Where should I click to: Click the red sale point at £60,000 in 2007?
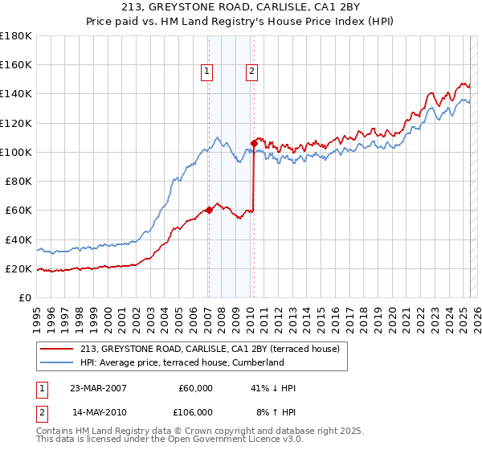click(x=209, y=211)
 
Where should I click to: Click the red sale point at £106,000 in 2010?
click(x=253, y=143)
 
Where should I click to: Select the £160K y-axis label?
click(x=16, y=64)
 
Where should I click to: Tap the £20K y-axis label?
click(x=18, y=268)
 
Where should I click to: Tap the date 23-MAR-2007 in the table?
click(x=98, y=388)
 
